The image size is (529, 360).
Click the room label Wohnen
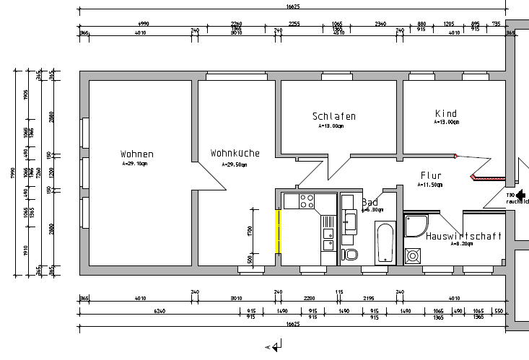136,154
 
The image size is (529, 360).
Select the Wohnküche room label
235,153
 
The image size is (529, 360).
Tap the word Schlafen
333,116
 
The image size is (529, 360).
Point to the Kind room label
446,113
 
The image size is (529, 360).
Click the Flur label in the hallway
432,175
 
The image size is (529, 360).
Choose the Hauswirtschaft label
463,236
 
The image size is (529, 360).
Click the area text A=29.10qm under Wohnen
135,164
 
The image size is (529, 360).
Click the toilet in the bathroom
351,254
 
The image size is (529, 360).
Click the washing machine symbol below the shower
414,255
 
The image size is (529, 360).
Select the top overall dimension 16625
294,6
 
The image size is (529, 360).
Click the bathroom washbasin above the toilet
350,220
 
